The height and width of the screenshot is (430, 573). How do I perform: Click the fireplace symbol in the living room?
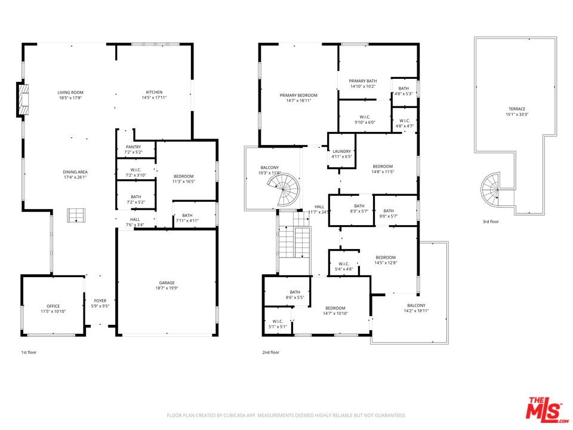(22, 100)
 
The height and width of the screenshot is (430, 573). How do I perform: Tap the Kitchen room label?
(154, 93)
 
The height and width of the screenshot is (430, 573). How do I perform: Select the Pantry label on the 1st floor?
(133, 147)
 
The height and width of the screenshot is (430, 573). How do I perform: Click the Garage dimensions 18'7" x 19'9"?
(166, 288)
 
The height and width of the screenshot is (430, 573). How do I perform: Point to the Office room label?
(53, 306)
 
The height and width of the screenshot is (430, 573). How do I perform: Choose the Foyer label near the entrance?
(100, 301)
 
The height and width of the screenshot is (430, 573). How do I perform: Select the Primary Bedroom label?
(298, 96)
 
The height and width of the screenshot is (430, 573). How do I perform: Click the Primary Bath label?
(363, 81)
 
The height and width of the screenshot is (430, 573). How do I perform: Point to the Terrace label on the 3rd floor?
(517, 109)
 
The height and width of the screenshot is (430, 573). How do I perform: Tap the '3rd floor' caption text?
(491, 222)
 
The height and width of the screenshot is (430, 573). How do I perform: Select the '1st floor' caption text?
(29, 352)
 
